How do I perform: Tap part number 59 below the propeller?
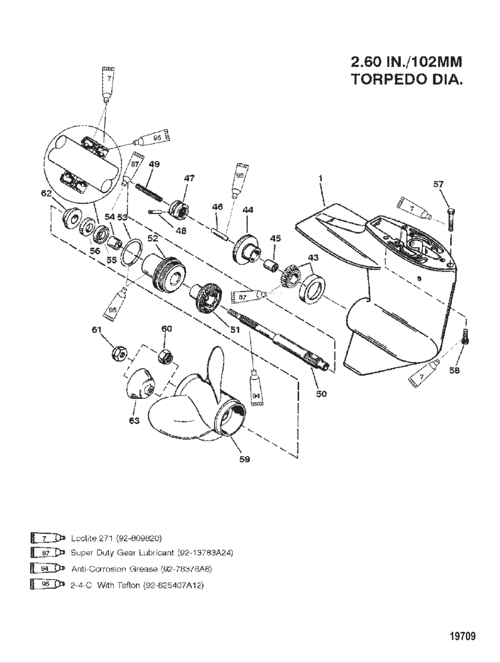tap(244, 459)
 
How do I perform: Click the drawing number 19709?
tap(462, 636)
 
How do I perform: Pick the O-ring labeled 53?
tap(132, 252)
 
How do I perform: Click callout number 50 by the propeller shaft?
tap(321, 394)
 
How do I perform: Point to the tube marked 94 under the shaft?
tap(256, 390)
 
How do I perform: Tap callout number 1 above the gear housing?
tap(320, 178)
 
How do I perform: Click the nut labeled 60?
tap(165, 356)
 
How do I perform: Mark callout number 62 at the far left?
tap(46, 194)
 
